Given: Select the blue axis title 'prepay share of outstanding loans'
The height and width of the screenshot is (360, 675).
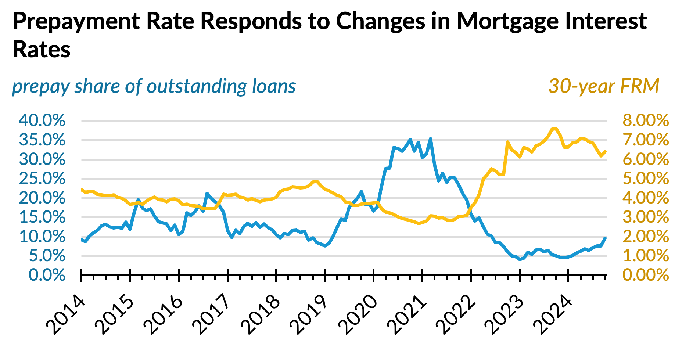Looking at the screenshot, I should pos(154,86).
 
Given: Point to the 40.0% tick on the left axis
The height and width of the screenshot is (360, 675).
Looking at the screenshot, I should pos(42,120).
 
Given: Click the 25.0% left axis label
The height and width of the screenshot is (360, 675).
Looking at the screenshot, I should pos(42,179).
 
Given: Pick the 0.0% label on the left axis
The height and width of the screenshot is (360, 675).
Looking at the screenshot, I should pos(47,275).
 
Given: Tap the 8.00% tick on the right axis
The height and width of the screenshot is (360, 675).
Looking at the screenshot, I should pos(646,120).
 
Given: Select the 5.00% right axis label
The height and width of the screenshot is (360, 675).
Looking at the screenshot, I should pos(646,179).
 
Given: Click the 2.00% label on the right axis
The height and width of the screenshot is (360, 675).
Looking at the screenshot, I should pos(646,237).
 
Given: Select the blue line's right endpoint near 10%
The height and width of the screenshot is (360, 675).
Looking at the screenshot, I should pos(605,238).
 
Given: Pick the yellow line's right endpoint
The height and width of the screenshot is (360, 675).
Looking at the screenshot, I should pos(605,151).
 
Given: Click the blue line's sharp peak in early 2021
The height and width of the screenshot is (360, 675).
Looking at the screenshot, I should pos(430,139).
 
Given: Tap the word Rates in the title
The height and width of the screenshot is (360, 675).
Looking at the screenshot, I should pos(42,49).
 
